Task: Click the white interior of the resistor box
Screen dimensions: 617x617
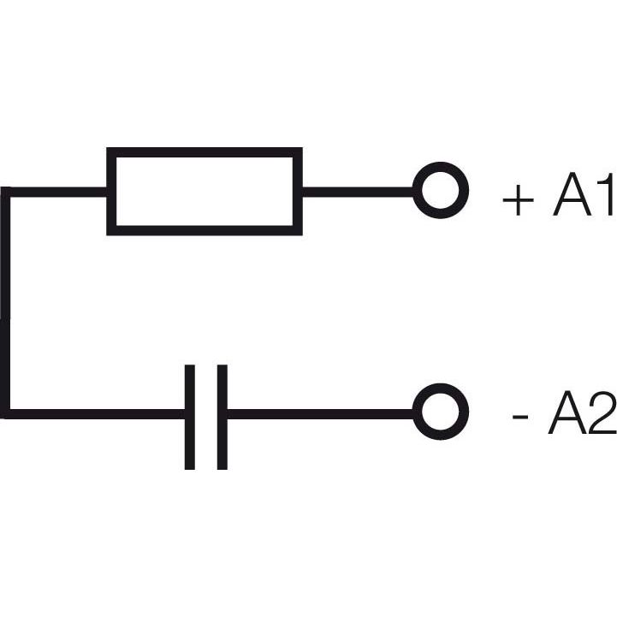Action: (x=205, y=191)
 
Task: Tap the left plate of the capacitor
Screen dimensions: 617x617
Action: (x=190, y=417)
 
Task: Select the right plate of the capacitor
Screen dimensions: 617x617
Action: (x=222, y=417)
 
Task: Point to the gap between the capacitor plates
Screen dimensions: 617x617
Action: (x=205, y=417)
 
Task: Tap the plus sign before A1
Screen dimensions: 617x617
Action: (x=519, y=200)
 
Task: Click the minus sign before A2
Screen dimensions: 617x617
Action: (x=520, y=418)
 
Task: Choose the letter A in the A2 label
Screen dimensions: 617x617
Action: (x=567, y=412)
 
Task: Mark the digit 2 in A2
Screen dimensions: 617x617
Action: (x=602, y=412)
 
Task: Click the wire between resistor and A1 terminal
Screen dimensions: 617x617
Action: (x=358, y=192)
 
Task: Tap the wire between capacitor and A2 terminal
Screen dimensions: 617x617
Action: (x=320, y=414)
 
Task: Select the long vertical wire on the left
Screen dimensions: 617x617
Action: (x=5, y=303)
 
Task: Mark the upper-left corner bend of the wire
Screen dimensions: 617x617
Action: (x=5, y=192)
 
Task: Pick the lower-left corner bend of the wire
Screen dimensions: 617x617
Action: (x=5, y=414)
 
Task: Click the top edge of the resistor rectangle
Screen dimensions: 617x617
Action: (x=205, y=152)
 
